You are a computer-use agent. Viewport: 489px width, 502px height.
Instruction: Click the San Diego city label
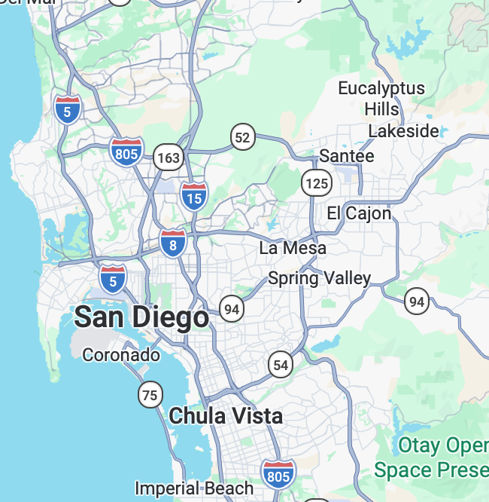coord(141,317)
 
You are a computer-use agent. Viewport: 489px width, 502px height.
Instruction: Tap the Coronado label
coord(121,354)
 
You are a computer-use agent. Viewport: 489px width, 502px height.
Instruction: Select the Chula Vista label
coord(226,415)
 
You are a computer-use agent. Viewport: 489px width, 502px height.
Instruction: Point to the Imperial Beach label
coord(194,488)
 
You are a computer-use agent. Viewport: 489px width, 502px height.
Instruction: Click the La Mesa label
coord(293,248)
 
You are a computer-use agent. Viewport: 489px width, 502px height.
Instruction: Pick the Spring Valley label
coord(320,278)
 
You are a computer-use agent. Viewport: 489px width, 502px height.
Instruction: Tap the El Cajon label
coord(359,213)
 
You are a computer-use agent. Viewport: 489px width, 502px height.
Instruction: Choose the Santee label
coord(347,156)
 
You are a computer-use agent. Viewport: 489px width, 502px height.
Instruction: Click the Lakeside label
coord(403,131)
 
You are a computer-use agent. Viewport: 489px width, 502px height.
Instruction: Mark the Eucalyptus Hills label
coord(381,98)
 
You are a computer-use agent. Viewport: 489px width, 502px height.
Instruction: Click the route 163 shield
coord(169,158)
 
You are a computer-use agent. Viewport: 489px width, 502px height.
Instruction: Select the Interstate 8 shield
coord(173,243)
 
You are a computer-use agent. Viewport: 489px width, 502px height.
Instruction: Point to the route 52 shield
coord(242,137)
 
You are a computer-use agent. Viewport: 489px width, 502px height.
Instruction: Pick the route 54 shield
coord(281,366)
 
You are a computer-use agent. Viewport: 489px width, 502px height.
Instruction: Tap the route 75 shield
coord(150,393)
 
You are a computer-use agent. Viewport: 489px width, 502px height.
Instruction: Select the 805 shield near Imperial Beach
coord(278,473)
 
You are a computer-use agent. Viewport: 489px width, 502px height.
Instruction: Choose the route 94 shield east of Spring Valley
coord(416,302)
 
